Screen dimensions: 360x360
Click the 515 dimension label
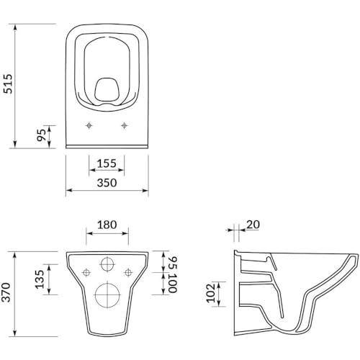pos(9,84)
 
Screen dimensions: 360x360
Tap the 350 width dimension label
pos(107,183)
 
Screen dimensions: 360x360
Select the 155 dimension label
pos(107,163)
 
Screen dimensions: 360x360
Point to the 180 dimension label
pos(107,225)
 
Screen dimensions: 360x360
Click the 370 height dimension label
pos(6,292)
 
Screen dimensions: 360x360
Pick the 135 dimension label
pos(40,279)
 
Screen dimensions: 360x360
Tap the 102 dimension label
pos(211,293)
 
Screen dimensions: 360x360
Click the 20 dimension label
pos(253,225)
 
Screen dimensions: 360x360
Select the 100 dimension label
pos(173,283)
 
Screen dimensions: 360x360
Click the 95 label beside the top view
pos(41,135)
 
